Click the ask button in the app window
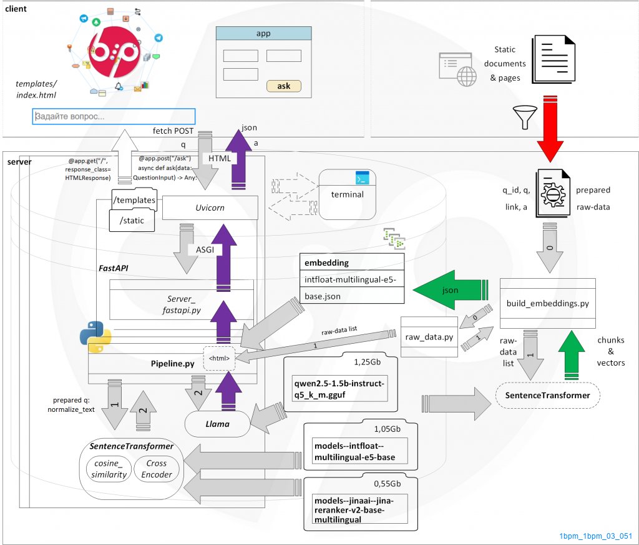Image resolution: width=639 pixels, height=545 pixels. pos(283,86)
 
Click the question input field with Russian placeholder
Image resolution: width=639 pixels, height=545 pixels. pos(114,116)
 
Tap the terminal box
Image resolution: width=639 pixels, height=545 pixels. pos(348,194)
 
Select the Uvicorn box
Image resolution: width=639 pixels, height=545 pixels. pos(210,207)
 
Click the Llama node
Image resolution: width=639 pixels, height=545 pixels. pos(217,424)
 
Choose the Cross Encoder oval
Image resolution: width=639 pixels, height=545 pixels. pos(157,469)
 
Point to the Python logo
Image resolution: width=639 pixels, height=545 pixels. pos(95,338)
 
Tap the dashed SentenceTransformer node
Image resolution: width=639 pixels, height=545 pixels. pos(547,395)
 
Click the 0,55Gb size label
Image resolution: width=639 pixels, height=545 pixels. pos(387,483)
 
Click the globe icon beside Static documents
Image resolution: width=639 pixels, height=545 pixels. pos(466,77)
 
